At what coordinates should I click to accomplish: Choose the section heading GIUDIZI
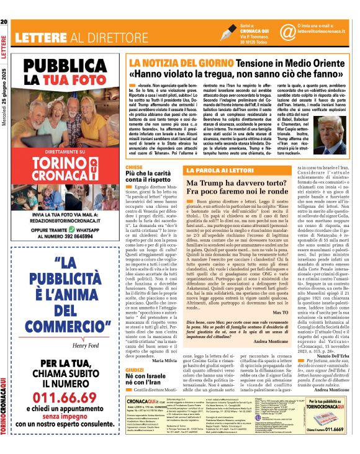pyautogui.click(x=135, y=368)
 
